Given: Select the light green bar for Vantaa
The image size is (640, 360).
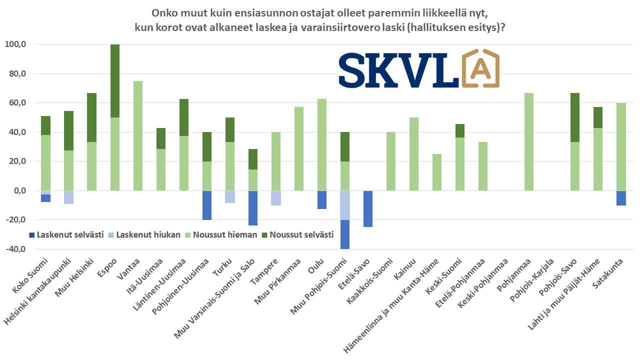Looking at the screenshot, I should [138, 135].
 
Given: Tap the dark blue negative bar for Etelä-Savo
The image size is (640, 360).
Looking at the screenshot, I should [367, 208].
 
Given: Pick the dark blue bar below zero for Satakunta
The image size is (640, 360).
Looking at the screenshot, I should [621, 198].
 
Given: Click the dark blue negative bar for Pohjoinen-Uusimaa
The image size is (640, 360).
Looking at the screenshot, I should [206, 205].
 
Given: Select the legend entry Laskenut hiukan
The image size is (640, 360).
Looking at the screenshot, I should [145, 234].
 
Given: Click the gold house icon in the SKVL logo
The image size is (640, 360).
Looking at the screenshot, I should [480, 69].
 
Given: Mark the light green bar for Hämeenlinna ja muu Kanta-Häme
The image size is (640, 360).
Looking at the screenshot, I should [437, 172].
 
